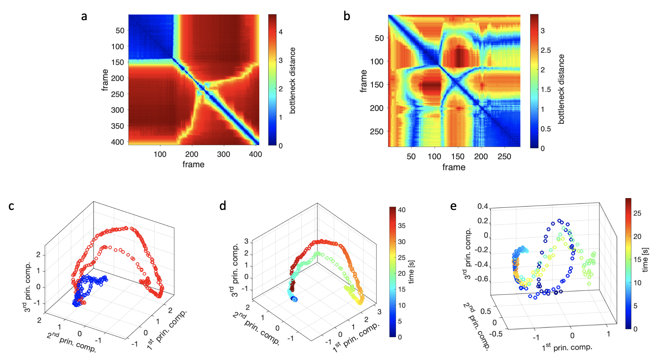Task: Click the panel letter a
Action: point(84,17)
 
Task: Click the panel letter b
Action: point(347,16)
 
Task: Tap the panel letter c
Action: point(11,206)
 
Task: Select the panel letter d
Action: point(223,206)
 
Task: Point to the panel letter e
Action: point(453,206)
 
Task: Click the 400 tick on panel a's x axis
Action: point(255,154)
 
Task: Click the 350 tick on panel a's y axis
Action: point(117,126)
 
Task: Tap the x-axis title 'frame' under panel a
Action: point(193,165)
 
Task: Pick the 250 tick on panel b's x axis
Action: point(504,157)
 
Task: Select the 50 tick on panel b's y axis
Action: point(379,38)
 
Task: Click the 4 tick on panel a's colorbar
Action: point(281,32)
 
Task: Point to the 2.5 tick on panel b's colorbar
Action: point(546,50)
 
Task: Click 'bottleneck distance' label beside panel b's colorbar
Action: point(561,89)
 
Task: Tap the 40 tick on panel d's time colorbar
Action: point(402,210)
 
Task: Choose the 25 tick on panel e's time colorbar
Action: point(637,213)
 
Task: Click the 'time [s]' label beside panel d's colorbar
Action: point(411,272)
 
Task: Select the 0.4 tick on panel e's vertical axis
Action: point(483,206)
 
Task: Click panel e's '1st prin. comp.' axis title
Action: point(567,347)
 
